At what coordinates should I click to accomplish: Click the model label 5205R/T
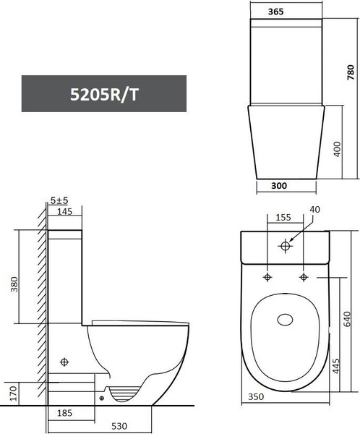click(103, 93)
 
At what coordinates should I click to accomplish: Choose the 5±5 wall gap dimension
click(60, 200)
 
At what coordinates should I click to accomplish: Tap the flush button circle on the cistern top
click(285, 247)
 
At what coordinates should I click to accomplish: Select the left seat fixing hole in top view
click(267, 278)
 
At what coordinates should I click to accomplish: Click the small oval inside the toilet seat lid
click(285, 319)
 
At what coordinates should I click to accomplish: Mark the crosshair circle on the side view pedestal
click(65, 361)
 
